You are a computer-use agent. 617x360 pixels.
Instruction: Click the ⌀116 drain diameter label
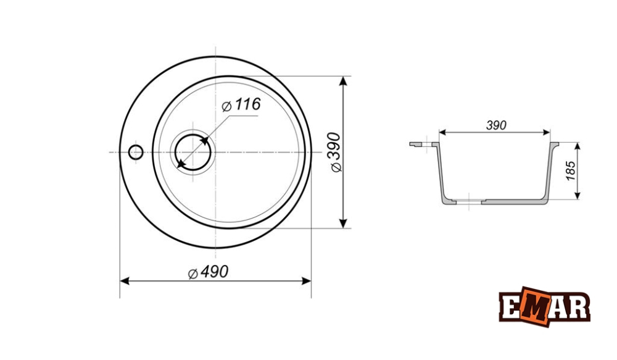pos(241,105)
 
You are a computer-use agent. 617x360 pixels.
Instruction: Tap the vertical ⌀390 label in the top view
pos(335,152)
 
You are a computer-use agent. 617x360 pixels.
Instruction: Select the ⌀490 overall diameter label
pos(208,272)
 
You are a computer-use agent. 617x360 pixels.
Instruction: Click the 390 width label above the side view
pos(496,125)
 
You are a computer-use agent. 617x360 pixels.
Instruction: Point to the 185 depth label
pos(571,170)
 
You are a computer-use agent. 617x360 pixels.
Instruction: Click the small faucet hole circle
pos(136,152)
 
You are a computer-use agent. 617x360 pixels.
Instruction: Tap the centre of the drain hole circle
pos(193,152)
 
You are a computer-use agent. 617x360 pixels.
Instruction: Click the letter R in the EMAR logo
pos(579,306)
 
